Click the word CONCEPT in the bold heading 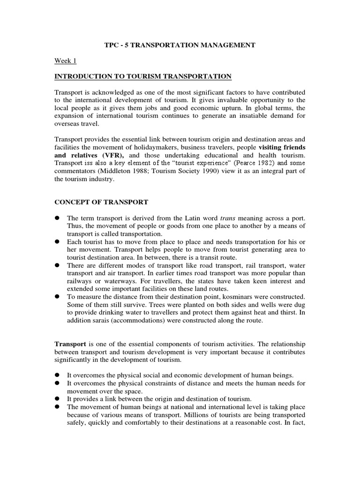pyautogui.click(x=71, y=202)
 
